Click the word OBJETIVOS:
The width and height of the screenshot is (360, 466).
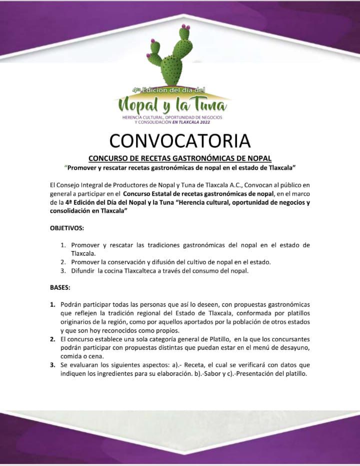[x=67, y=228]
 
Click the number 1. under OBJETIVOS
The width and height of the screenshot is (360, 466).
[x=63, y=245]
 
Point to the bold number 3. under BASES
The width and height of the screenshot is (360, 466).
[x=52, y=365]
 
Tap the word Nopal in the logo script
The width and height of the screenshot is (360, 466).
[x=139, y=105]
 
